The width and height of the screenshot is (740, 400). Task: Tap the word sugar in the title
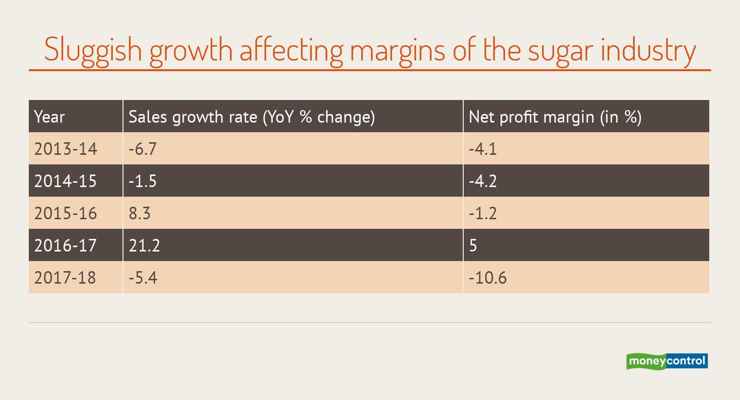(x=560, y=51)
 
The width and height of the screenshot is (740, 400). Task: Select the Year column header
(x=49, y=117)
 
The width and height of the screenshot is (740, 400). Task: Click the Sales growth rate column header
(x=251, y=117)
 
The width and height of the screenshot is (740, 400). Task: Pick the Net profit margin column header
(x=555, y=117)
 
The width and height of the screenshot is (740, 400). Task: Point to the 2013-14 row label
(x=65, y=149)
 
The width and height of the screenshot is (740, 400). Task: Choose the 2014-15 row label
(x=65, y=181)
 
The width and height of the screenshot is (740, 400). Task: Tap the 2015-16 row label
(x=65, y=213)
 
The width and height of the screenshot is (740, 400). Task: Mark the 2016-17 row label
(x=65, y=246)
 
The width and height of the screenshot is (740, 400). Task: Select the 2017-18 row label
(x=65, y=278)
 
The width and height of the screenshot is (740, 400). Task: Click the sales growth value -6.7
(x=142, y=149)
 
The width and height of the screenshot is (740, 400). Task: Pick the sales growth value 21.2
(x=144, y=246)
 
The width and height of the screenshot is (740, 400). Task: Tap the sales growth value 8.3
(x=139, y=213)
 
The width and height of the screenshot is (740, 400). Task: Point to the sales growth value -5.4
(x=143, y=278)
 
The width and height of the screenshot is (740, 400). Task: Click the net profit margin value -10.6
(x=487, y=278)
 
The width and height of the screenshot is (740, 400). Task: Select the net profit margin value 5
(x=473, y=246)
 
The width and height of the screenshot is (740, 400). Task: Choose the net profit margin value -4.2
(x=482, y=181)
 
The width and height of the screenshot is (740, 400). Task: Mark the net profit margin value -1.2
(x=482, y=213)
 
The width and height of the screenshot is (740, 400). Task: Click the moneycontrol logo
(x=666, y=361)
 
